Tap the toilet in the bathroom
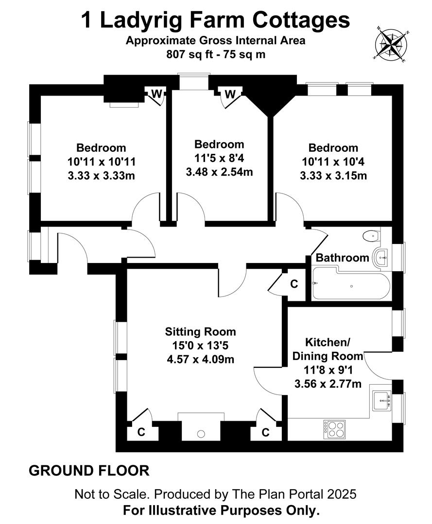coord(371,235)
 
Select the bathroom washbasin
coord(381,258)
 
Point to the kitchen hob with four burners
coord(335,429)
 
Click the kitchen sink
coord(382,400)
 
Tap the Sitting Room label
coord(200,331)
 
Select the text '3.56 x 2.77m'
coord(328,384)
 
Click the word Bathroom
coord(342,258)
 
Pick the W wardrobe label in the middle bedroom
coord(230,95)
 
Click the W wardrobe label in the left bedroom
coord(156,94)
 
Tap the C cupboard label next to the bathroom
coord(294,284)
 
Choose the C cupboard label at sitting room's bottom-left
coord(141,432)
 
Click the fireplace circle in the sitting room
coord(201,434)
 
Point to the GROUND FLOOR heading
coord(89,471)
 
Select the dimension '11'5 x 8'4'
coord(219,158)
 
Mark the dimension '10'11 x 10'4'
coord(333,162)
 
